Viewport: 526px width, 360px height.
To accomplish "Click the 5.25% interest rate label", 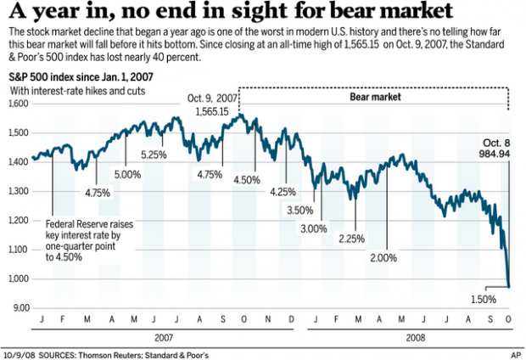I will (x=154, y=155).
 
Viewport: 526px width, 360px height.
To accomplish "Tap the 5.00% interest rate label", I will (x=127, y=174).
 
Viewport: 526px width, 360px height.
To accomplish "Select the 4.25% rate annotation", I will (x=283, y=192).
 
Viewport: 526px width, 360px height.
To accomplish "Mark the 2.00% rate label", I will (x=383, y=256).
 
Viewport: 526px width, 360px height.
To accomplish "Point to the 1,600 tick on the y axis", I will (x=19, y=104).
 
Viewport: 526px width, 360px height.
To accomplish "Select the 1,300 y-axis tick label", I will (x=19, y=192).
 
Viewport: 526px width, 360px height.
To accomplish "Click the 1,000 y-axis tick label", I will (x=19, y=279).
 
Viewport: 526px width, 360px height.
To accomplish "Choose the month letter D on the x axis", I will (x=291, y=320).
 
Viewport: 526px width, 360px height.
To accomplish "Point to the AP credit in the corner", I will (x=514, y=352).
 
